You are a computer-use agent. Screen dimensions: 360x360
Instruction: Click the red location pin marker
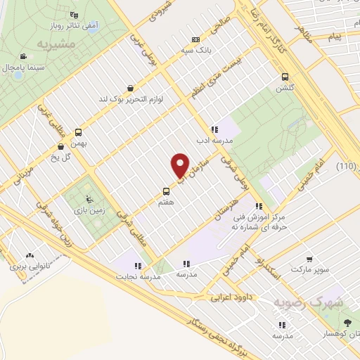click(x=180, y=166)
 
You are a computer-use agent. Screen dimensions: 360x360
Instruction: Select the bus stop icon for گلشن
click(x=285, y=77)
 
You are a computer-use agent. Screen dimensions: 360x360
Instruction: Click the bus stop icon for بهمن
click(x=77, y=132)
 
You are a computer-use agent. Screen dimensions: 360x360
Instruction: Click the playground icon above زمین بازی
click(x=88, y=198)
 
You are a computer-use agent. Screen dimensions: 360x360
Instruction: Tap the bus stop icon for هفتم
click(x=166, y=191)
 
